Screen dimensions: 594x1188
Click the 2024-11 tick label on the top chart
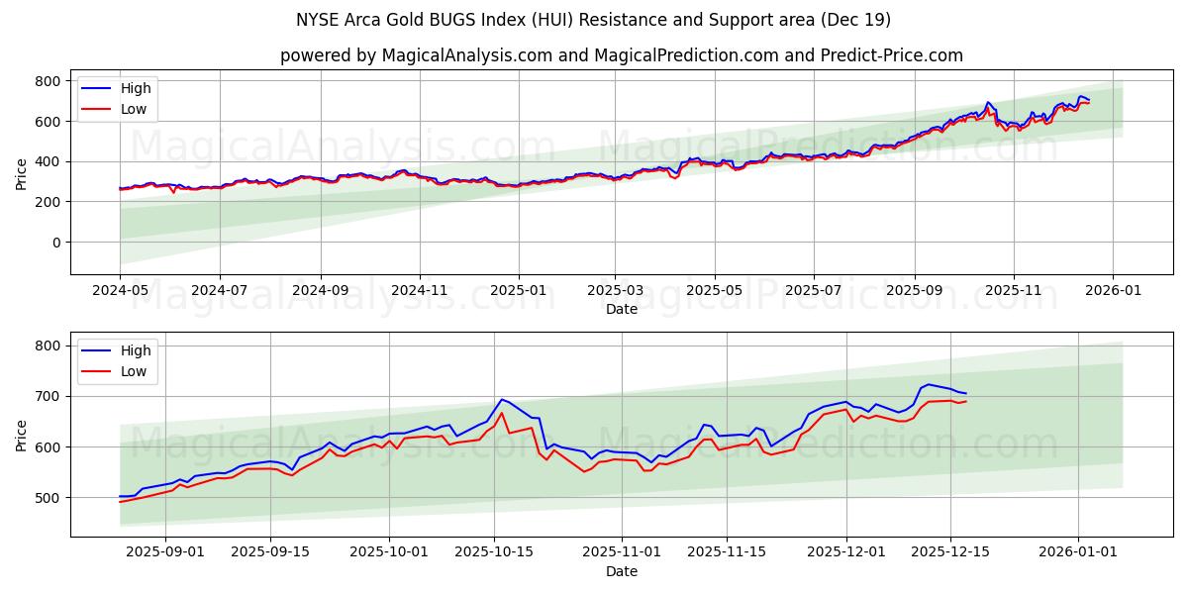pos(420,291)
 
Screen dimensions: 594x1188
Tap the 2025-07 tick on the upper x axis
pos(813,291)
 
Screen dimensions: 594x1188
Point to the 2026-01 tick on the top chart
pos(1113,291)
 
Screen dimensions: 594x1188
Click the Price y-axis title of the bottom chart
pos(22,435)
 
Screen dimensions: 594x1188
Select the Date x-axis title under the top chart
pos(622,310)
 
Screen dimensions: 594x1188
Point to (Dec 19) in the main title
pos(855,20)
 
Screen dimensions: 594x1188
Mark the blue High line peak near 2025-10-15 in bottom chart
pos(502,399)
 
